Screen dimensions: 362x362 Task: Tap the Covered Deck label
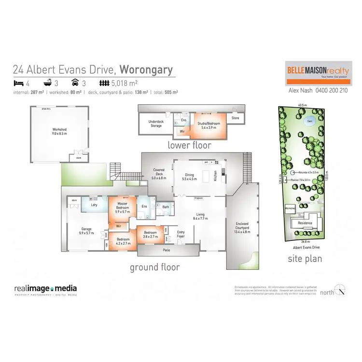tap(159, 172)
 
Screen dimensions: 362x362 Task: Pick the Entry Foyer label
tap(181, 234)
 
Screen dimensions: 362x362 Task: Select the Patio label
tap(167, 250)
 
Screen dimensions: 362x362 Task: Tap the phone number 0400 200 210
tap(331, 90)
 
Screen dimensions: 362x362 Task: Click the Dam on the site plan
tap(309, 121)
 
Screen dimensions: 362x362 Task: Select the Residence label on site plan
tap(305, 223)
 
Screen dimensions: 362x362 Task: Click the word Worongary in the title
tap(146, 70)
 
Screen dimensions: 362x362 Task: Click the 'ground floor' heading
tap(154, 267)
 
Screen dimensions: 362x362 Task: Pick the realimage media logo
tap(45, 289)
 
